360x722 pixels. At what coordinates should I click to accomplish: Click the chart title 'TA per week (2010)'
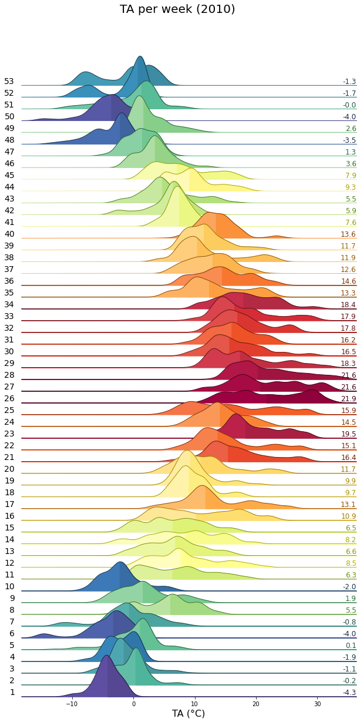(177, 9)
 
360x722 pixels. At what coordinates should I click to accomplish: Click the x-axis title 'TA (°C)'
(189, 713)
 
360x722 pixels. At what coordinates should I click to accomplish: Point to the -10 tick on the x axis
(72, 703)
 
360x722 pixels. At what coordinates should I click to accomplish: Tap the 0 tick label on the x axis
(133, 703)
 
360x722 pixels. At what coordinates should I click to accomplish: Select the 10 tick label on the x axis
(194, 703)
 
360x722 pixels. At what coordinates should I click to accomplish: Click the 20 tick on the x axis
(255, 703)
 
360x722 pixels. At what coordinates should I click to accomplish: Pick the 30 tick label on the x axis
(317, 703)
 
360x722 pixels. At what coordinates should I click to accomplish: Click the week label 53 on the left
(9, 81)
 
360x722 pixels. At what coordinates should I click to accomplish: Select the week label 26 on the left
(9, 398)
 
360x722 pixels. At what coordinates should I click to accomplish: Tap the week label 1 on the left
(12, 692)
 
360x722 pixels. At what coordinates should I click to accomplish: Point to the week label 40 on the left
(9, 234)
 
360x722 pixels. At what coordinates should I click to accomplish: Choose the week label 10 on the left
(9, 586)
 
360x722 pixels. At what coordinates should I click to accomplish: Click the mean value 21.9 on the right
(349, 399)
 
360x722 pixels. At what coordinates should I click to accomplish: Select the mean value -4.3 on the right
(349, 693)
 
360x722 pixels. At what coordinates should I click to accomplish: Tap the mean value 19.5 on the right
(349, 434)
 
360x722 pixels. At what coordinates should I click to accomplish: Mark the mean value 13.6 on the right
(349, 234)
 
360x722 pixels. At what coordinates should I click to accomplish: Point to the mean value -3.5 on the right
(349, 140)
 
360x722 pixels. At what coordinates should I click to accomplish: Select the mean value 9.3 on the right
(351, 187)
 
